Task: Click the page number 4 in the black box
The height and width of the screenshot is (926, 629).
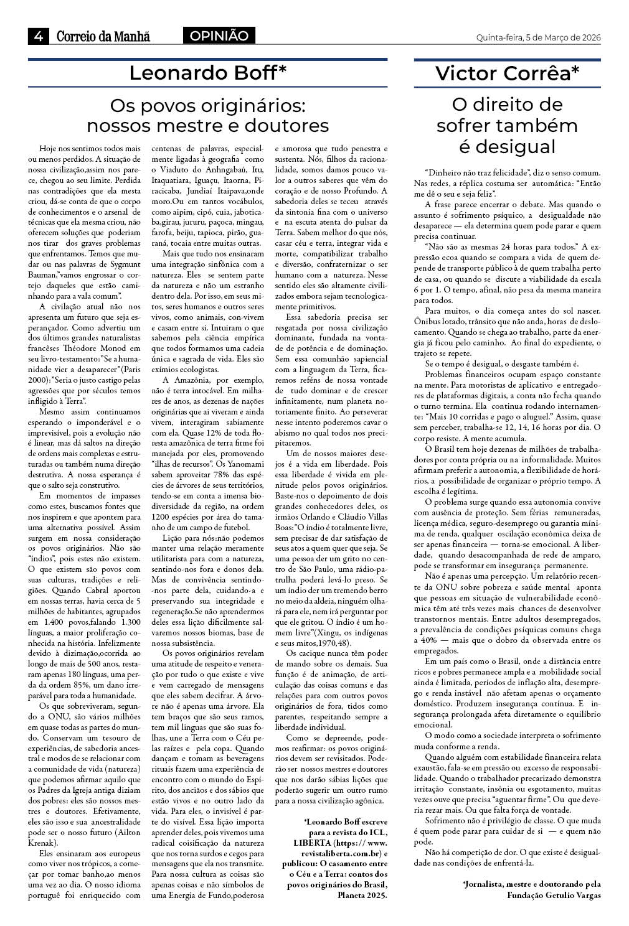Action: (x=38, y=36)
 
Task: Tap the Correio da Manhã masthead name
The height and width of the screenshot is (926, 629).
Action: (x=103, y=37)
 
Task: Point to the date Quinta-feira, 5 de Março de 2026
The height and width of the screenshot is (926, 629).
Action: (x=538, y=37)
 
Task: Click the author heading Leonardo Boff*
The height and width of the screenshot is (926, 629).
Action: (x=207, y=73)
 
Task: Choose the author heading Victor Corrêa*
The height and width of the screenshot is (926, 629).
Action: (x=507, y=73)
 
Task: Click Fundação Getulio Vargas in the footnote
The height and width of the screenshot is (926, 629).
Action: (x=554, y=895)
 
